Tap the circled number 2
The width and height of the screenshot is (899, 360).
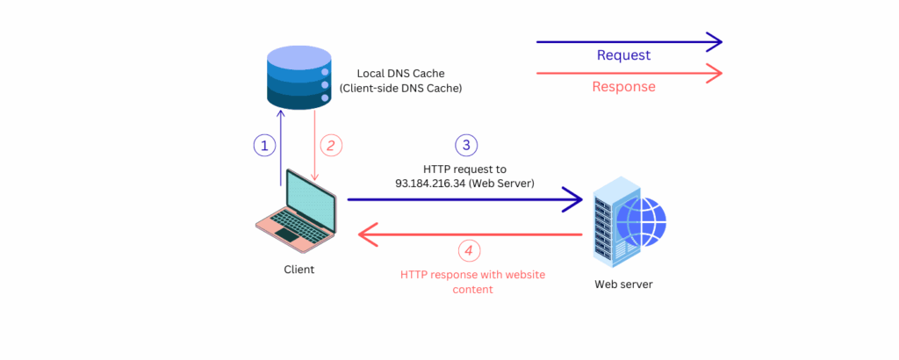[x=330, y=146]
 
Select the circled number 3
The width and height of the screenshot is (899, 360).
[x=466, y=146]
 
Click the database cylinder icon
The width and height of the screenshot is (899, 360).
[x=298, y=79]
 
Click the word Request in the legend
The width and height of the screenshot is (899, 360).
[x=623, y=55]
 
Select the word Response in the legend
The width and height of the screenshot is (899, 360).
[x=623, y=87]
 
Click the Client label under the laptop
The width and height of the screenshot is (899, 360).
[x=298, y=270]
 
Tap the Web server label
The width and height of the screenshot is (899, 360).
[x=623, y=284]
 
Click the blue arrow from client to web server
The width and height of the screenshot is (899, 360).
[x=465, y=200]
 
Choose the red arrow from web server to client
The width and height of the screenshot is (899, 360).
[x=470, y=234]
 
